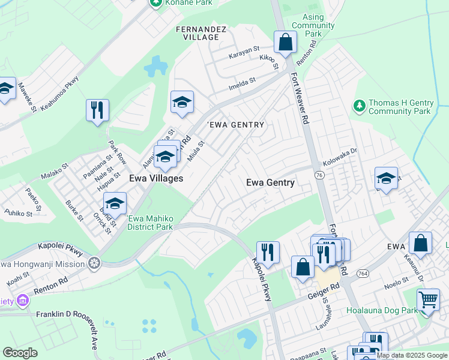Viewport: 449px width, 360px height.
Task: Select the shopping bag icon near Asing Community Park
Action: [286, 43]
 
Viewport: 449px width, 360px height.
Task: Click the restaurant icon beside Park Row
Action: [97, 111]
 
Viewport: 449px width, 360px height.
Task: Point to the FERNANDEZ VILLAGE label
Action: [197, 33]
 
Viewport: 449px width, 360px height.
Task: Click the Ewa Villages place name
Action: [156, 178]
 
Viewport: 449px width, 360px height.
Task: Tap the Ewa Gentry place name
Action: [271, 182]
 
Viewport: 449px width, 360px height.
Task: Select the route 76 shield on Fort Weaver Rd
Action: [318, 174]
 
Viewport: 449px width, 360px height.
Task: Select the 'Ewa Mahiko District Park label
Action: [149, 223]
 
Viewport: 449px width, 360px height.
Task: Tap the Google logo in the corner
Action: [20, 353]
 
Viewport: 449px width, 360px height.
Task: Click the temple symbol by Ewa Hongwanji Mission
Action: [94, 262]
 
